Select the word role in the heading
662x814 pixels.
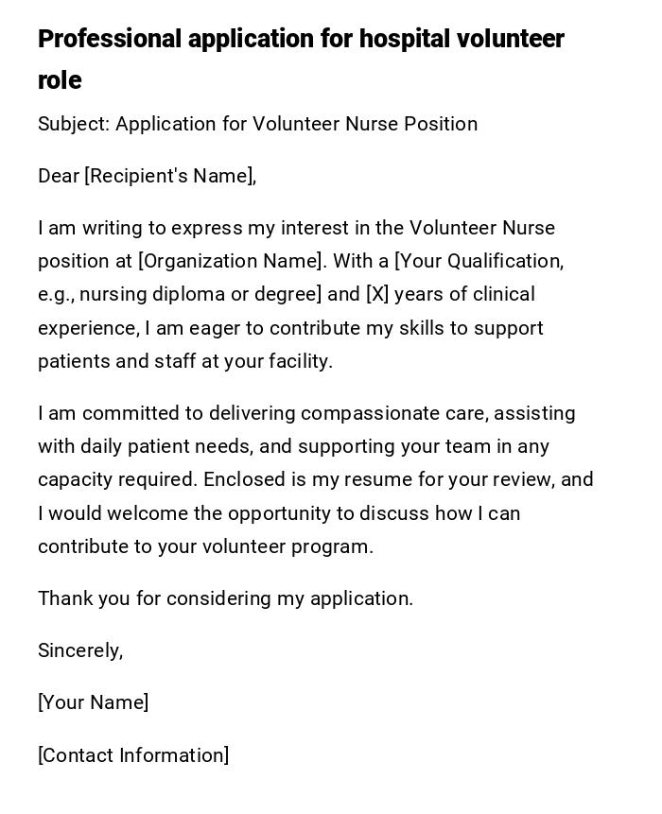click(x=60, y=81)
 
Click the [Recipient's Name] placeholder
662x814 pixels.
click(x=170, y=176)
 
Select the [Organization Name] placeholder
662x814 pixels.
click(x=230, y=261)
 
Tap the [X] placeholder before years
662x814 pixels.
click(x=377, y=294)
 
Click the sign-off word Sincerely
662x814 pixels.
click(x=79, y=650)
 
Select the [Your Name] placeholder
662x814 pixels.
click(x=93, y=702)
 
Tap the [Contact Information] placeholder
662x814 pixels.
click(x=133, y=755)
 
